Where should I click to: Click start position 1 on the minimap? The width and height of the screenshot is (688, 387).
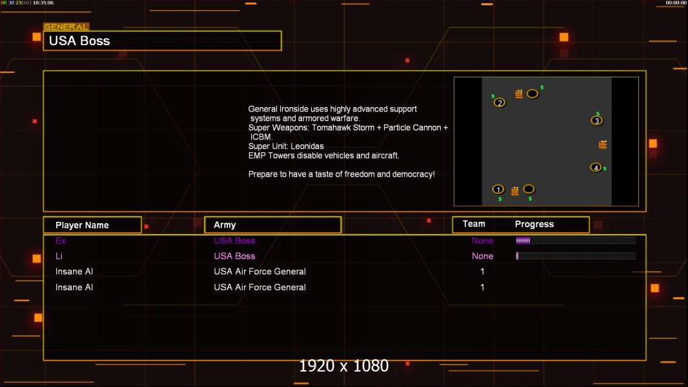498,189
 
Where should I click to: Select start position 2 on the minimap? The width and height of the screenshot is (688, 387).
500,102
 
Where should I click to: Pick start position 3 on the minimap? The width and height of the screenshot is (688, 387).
597,120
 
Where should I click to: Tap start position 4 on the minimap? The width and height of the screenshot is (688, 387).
596,167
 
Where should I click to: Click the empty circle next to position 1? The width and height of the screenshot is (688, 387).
529,189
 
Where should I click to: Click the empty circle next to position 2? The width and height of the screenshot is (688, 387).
532,94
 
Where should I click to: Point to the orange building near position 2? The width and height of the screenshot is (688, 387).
519,94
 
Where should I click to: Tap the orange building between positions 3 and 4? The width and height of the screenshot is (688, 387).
603,144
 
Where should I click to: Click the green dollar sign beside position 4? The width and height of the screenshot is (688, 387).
605,169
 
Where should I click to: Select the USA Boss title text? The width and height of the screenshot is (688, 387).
79,41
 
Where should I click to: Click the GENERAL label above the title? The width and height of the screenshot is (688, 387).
66,27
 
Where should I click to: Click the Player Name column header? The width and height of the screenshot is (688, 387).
82,225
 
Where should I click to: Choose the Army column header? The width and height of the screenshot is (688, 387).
225,225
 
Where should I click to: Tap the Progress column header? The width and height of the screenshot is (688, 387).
534,224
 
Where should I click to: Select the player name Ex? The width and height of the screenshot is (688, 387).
61,241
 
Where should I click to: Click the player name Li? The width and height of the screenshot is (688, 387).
59,256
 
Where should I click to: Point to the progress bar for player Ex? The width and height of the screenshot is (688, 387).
575,241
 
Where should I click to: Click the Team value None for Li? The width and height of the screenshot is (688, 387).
482,256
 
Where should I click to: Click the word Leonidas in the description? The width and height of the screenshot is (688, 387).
307,146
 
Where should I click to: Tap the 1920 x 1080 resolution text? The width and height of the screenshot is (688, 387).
343,366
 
